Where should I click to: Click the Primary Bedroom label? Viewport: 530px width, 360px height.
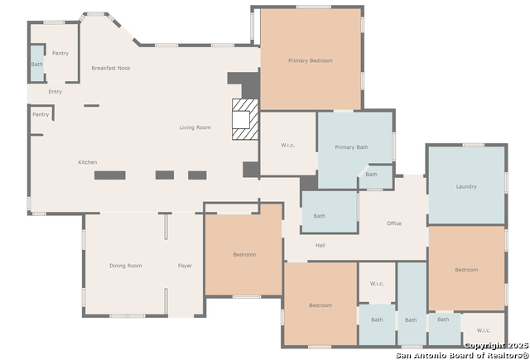coord(311,60)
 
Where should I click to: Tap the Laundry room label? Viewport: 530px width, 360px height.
coord(466,186)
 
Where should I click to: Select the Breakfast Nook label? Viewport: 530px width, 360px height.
coord(111,68)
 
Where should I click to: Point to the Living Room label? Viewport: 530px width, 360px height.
coord(195,127)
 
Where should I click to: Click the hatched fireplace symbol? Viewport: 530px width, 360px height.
coord(245,119)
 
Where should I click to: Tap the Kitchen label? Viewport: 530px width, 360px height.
coord(88,162)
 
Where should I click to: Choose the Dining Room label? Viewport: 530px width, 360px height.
coord(125,266)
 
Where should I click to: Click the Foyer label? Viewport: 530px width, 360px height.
coord(185,266)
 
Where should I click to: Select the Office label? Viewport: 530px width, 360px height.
coord(394,223)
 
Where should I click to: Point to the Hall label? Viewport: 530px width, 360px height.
coord(320,245)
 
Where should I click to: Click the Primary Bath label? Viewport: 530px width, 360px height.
coord(351,147)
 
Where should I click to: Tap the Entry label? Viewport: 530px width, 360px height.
coord(55,92)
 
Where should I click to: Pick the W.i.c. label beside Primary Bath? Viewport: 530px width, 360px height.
coord(287,145)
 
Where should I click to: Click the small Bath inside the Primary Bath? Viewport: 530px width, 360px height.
coord(371,175)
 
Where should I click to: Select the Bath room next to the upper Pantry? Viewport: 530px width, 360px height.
coord(36,65)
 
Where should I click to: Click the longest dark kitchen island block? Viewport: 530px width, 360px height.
coord(110,175)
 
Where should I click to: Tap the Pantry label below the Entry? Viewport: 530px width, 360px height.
coord(41,114)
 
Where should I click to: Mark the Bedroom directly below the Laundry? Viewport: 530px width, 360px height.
coord(466,270)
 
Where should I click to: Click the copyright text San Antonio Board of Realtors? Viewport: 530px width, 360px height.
coord(462,355)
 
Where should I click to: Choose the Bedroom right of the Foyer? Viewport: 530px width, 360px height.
coord(244,255)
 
